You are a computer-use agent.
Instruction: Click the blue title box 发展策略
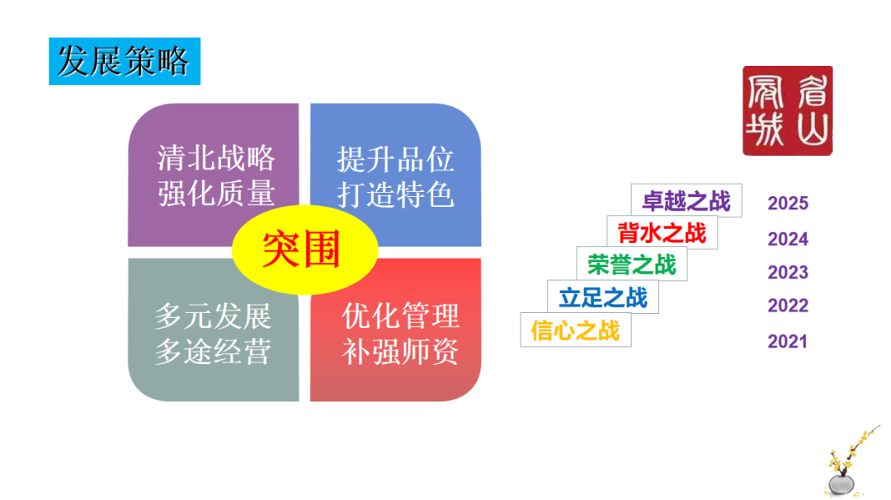click(x=125, y=61)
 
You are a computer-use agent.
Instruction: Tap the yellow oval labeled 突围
click(x=304, y=250)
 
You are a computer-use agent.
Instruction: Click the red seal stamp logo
click(x=788, y=110)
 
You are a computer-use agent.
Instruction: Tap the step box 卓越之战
click(x=686, y=200)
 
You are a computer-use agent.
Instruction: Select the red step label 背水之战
click(x=662, y=232)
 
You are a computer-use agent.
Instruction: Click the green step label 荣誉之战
click(x=632, y=264)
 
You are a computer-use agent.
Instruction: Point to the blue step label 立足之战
click(x=603, y=297)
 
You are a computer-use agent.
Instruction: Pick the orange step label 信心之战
click(x=576, y=330)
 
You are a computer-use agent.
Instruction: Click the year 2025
click(x=788, y=203)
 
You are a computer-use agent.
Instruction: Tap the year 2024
click(x=788, y=239)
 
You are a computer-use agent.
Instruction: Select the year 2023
click(x=788, y=273)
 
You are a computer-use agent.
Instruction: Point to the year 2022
click(x=788, y=306)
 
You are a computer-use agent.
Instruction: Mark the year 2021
click(x=787, y=342)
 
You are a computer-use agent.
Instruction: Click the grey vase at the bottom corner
click(x=841, y=484)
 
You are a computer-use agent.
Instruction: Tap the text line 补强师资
click(x=401, y=352)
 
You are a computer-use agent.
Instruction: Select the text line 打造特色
click(x=395, y=195)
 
